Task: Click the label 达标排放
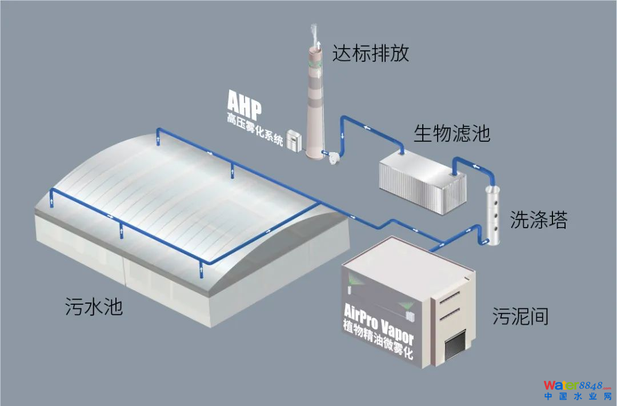[x=371, y=54]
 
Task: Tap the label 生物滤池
[x=452, y=134]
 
